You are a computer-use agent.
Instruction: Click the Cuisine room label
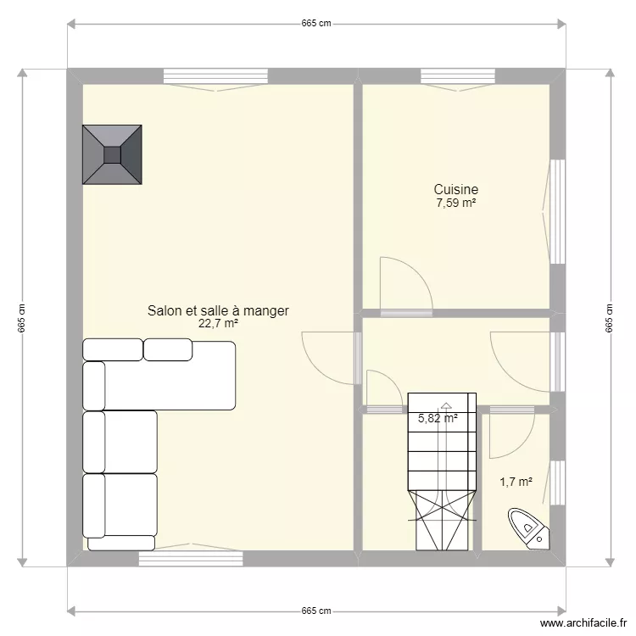[456, 190]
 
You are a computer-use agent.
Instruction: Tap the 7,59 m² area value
[456, 204]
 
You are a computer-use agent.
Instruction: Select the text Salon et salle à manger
[218, 310]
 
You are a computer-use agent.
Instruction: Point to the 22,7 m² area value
[218, 323]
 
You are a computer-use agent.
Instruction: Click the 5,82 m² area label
[438, 418]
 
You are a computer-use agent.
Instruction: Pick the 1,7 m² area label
[516, 482]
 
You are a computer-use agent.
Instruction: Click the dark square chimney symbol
[112, 153]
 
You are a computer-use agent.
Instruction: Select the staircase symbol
[441, 471]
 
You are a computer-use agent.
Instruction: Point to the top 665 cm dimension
[315, 24]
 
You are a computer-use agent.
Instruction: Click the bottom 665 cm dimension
[315, 611]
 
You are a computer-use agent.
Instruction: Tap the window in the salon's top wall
[202, 75]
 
